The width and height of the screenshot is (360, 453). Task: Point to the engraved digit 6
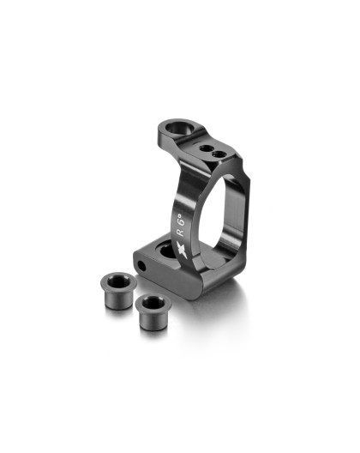click(x=181, y=214)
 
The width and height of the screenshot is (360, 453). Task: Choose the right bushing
click(x=153, y=305)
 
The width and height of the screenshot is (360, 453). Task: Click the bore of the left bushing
click(x=117, y=278)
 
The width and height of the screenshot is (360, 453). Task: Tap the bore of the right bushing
click(x=153, y=301)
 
